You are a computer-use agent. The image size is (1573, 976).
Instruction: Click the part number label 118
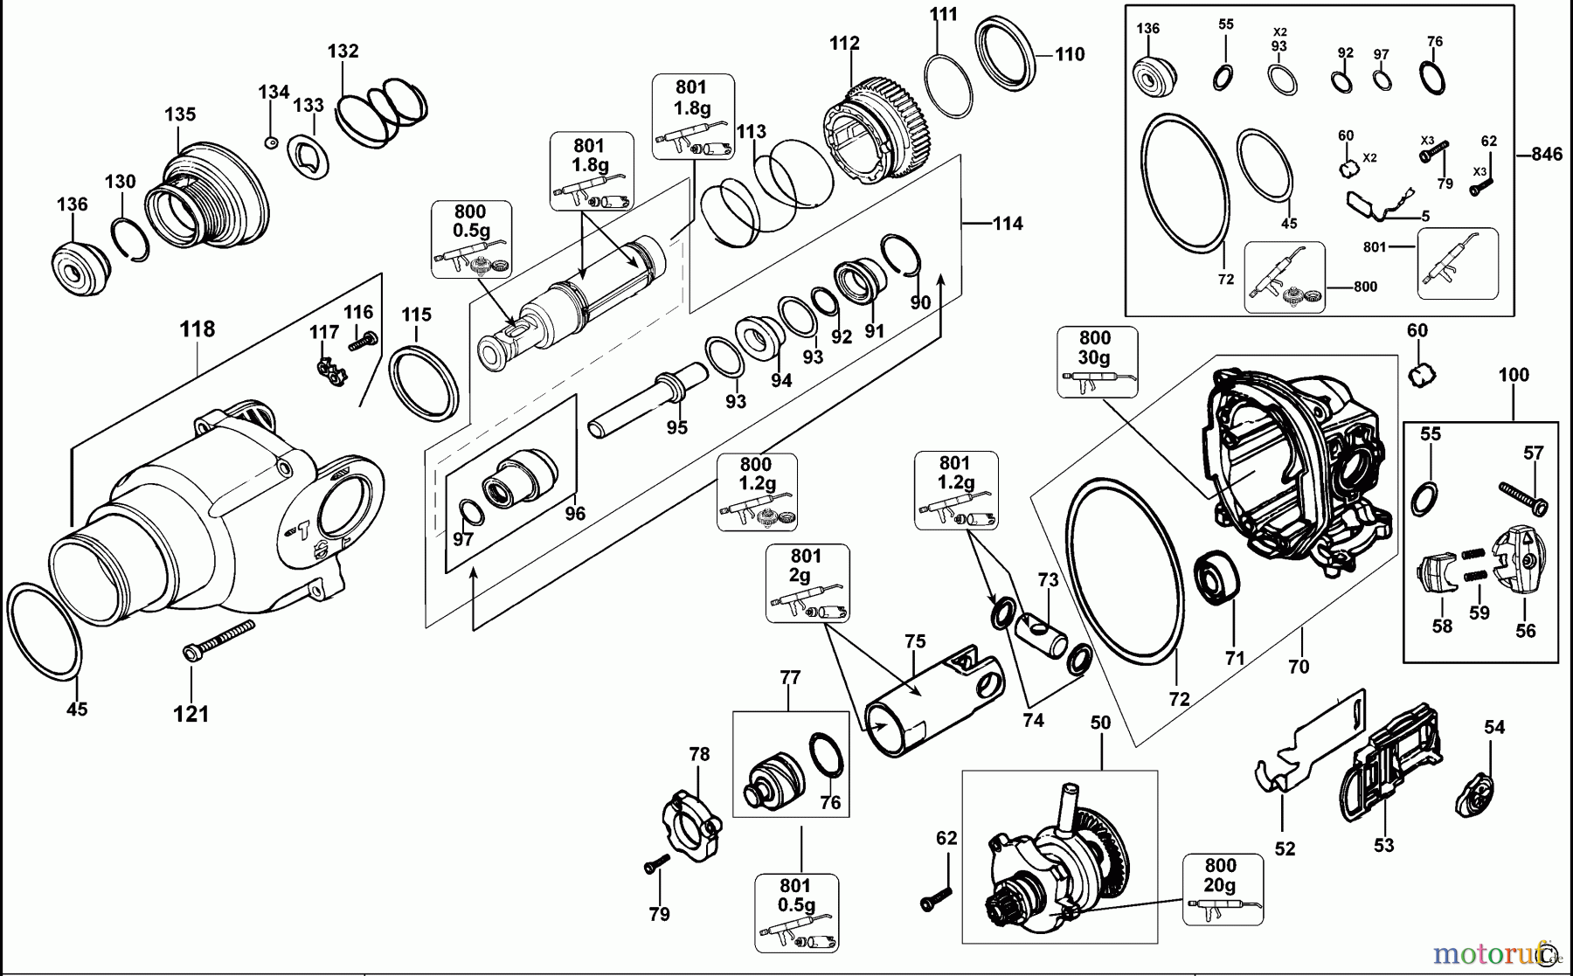(x=197, y=329)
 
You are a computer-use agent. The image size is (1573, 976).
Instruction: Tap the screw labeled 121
(x=218, y=640)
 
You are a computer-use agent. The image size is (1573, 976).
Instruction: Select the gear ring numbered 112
(x=878, y=132)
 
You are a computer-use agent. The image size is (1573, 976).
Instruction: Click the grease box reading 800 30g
(x=1097, y=362)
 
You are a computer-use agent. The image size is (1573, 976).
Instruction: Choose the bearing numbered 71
(x=1216, y=577)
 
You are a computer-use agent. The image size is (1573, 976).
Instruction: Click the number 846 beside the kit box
(x=1546, y=155)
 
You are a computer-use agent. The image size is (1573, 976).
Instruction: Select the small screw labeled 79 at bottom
(x=655, y=864)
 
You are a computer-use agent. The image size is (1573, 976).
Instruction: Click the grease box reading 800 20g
(x=1222, y=889)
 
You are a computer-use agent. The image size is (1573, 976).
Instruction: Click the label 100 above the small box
(x=1514, y=376)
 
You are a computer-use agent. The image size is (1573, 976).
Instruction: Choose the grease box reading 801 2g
(x=807, y=583)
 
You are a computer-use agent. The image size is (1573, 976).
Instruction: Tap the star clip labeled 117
(x=330, y=371)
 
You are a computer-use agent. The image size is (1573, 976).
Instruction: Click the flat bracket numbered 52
(x=1307, y=743)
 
